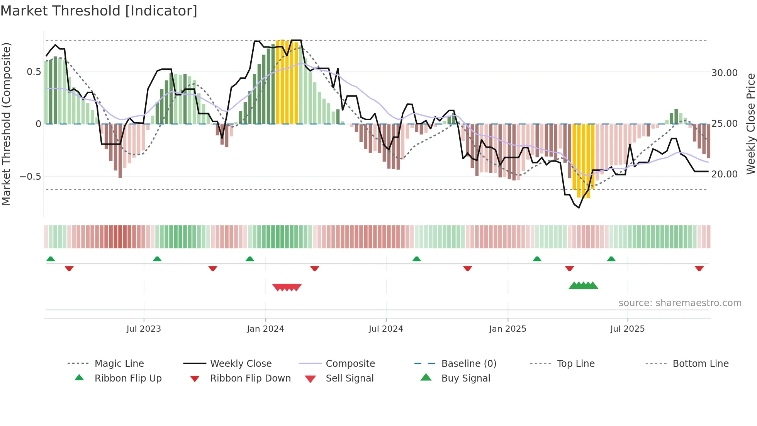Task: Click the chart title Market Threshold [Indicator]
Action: point(99,11)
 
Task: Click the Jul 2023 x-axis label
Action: point(144,329)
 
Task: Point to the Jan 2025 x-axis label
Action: point(507,329)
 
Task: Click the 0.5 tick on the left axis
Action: point(34,72)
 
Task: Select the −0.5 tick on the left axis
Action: point(30,176)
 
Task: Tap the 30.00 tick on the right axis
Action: point(724,73)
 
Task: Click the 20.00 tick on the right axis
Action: point(724,174)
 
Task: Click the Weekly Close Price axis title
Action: point(750,124)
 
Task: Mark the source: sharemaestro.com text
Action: point(680,303)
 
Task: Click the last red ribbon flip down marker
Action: point(699,268)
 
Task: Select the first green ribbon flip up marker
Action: point(51,259)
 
